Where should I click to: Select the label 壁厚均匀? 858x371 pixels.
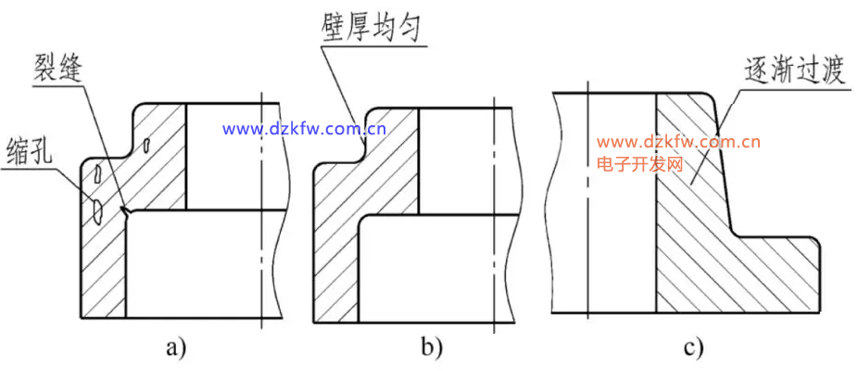tap(364, 27)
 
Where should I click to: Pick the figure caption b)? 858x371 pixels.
tap(431, 348)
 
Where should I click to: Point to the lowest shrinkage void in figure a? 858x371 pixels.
tap(96, 212)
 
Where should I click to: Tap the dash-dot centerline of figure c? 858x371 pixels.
tap(587, 204)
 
